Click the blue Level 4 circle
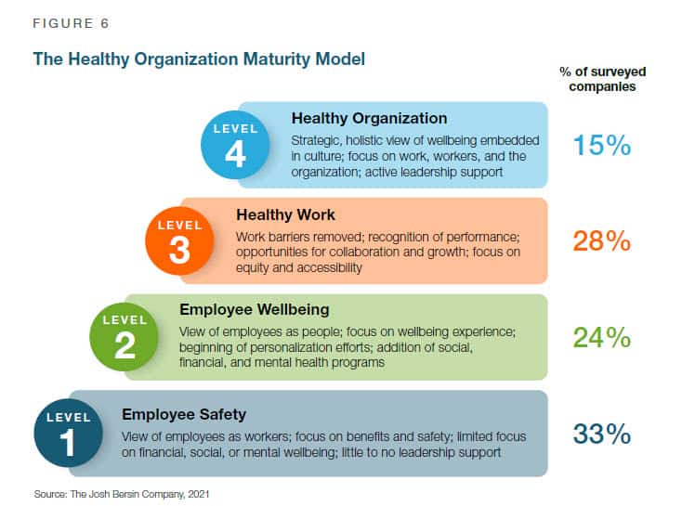point(235,145)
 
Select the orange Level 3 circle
point(179,240)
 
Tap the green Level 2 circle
point(125,337)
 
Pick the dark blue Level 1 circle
point(68,433)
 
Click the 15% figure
point(601,145)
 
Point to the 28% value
point(601,240)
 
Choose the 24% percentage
point(601,337)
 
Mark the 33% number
point(601,434)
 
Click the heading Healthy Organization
point(369,118)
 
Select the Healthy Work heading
point(286,214)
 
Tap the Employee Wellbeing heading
point(255,310)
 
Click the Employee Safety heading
point(184,414)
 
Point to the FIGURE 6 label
point(71,23)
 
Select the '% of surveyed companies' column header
point(602,79)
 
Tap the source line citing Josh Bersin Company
point(122,494)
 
